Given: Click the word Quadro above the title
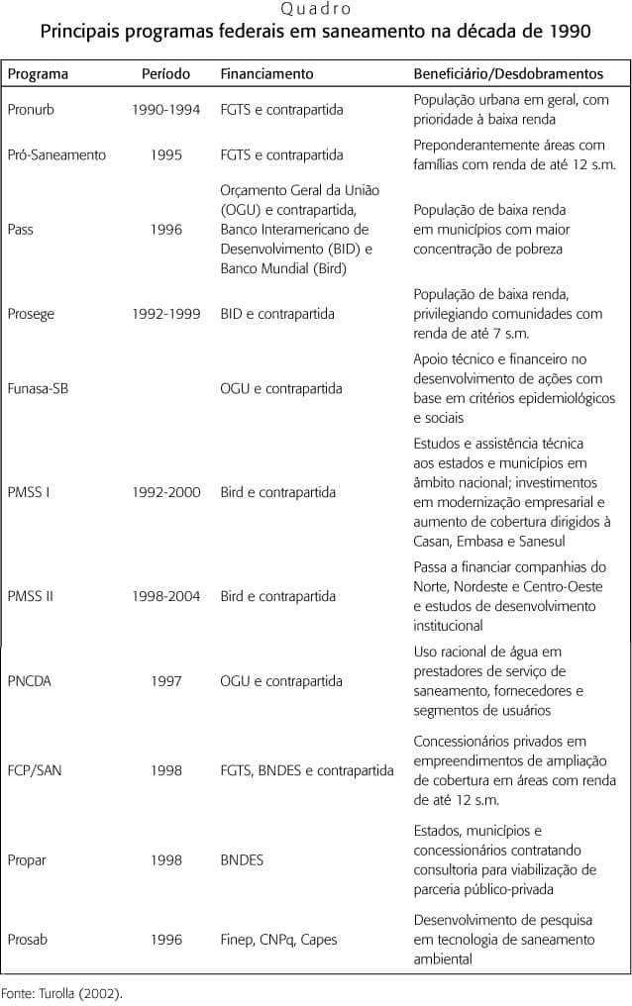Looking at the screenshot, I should point(315,10).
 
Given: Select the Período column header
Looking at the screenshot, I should point(165,74).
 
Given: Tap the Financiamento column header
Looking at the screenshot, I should point(266,74).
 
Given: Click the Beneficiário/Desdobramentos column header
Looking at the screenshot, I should point(508,74).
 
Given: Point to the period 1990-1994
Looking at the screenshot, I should point(165,110).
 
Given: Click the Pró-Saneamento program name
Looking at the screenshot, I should point(56,155).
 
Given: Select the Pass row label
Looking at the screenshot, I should point(20,230).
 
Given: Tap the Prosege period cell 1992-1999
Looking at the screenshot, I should point(165,314).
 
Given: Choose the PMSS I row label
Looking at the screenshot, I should point(29,492).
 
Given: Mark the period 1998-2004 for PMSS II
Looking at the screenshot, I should point(165,596).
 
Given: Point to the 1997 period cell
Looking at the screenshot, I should point(165,681).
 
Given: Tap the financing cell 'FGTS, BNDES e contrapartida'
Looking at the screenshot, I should point(307,770).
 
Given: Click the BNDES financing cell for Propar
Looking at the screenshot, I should point(242,860).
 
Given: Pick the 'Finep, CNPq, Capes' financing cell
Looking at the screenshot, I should point(276,940).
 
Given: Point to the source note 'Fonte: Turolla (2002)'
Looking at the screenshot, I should point(60,991).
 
